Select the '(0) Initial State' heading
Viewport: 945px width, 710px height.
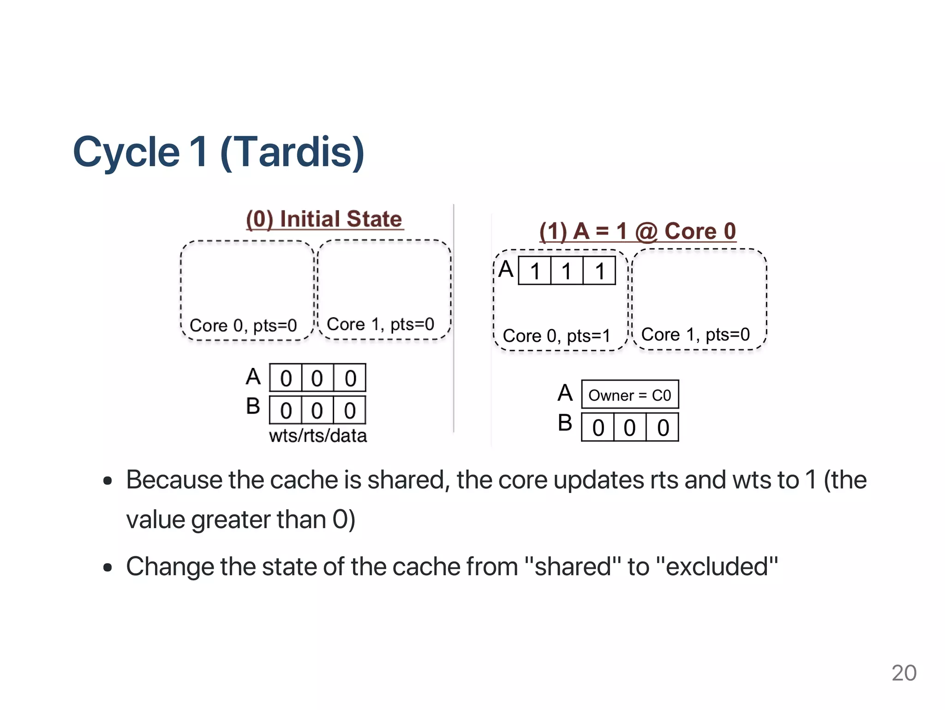click(x=324, y=219)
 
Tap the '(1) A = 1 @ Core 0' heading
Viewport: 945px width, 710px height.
click(x=638, y=231)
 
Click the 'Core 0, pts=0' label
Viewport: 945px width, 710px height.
click(x=243, y=325)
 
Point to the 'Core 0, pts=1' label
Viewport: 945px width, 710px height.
click(x=556, y=336)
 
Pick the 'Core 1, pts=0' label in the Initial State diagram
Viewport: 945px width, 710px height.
click(x=380, y=324)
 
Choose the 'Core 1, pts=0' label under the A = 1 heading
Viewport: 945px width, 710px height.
click(x=695, y=334)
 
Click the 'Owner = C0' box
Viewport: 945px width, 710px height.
click(x=630, y=395)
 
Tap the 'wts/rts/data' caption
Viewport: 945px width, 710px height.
click(x=318, y=436)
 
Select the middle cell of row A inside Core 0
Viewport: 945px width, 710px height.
click(x=567, y=271)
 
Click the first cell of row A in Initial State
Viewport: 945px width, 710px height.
click(x=286, y=379)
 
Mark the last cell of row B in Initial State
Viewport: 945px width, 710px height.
click(x=350, y=410)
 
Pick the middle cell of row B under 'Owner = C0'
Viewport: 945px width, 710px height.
click(x=630, y=427)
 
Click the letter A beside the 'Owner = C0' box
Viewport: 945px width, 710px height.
click(x=565, y=393)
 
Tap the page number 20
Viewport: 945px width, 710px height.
click(x=904, y=673)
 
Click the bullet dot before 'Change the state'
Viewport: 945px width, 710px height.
click(x=108, y=567)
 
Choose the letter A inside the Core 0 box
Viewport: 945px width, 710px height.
click(x=506, y=269)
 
